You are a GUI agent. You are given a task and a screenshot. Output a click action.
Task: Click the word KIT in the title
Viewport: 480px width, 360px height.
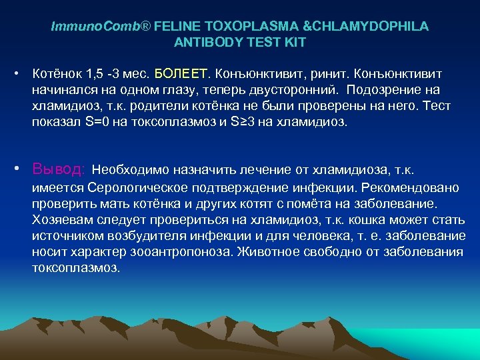tap(295, 42)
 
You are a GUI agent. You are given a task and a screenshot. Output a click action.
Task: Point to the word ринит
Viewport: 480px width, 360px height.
tap(327, 71)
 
